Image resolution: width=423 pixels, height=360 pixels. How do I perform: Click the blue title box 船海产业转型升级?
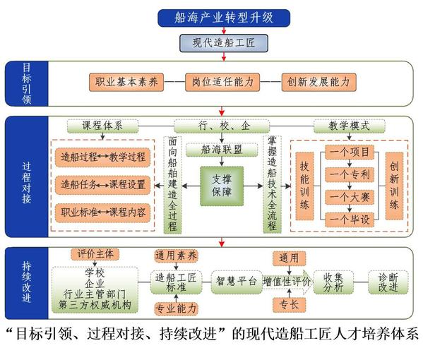pyautogui.click(x=224, y=18)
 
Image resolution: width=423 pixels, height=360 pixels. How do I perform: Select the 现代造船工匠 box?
pyautogui.click(x=224, y=43)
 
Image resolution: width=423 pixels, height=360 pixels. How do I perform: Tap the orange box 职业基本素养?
pyautogui.click(x=126, y=82)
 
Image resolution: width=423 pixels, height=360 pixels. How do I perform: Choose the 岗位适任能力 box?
pyautogui.click(x=222, y=82)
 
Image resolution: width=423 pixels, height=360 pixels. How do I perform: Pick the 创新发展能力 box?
pyautogui.click(x=318, y=82)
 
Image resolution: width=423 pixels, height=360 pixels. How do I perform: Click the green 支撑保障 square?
pyautogui.click(x=222, y=186)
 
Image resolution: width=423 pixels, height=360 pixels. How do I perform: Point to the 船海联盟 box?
pyautogui.click(x=222, y=150)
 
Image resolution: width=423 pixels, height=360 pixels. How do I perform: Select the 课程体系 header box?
pyautogui.click(x=102, y=126)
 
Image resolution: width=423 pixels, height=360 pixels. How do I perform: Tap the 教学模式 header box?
pyautogui.click(x=350, y=126)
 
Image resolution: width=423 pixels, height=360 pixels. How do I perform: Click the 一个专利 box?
pyautogui.click(x=350, y=175)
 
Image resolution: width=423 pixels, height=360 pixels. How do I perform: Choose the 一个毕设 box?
pyautogui.click(x=350, y=220)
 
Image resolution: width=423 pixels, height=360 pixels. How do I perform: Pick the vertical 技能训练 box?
pyautogui.click(x=304, y=186)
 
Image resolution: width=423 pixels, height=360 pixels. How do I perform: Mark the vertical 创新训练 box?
pyautogui.click(x=394, y=186)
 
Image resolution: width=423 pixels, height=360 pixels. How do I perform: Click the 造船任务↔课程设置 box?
pyautogui.click(x=103, y=185)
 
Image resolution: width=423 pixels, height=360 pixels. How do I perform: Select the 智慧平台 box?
pyautogui.click(x=237, y=282)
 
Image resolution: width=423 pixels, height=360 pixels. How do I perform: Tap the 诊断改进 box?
pyautogui.click(x=388, y=282)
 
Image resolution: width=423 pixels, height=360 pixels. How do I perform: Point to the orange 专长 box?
pyautogui.click(x=290, y=305)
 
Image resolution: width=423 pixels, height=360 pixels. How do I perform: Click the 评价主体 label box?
pyautogui.click(x=95, y=254)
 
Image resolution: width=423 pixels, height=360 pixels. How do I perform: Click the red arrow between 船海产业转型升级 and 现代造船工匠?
pyautogui.click(x=224, y=30)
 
